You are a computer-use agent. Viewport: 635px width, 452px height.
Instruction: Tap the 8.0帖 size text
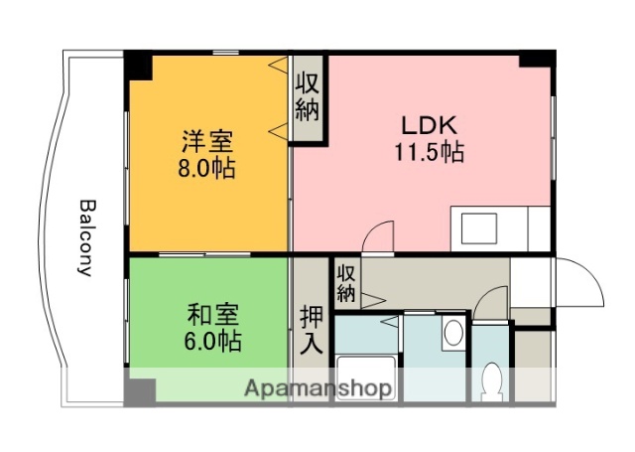[207, 168]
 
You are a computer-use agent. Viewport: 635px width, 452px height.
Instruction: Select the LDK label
[428, 126]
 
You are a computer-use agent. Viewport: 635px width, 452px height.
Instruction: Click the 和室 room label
[212, 315]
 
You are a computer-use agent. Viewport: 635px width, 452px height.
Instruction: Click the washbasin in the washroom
[452, 332]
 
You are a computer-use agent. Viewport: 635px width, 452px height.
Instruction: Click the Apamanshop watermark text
[317, 387]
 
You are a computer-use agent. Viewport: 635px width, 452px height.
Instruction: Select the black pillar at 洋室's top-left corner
[137, 66]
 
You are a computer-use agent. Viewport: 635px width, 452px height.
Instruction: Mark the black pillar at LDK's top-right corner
[536, 58]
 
